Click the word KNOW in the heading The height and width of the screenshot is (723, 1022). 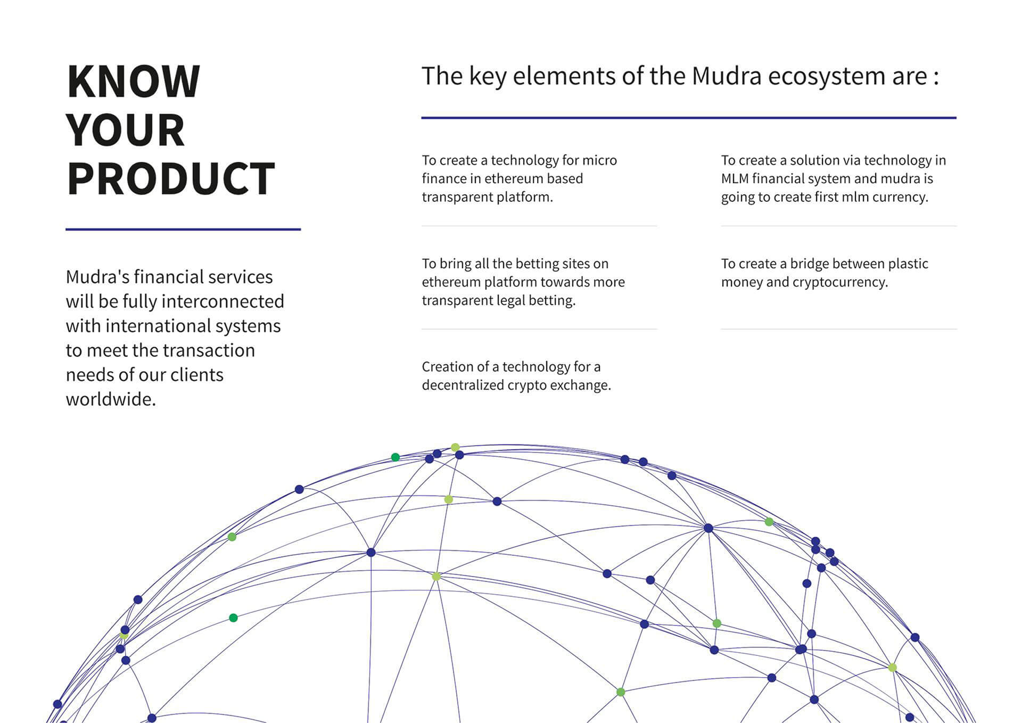coord(134,81)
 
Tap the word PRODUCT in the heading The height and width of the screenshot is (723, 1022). coord(171,179)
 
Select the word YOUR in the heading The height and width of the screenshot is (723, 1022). coord(126,130)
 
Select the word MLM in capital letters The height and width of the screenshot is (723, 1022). coord(735,179)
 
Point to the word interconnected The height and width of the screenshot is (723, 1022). coord(222,301)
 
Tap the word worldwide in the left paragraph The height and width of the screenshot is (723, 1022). coord(111,399)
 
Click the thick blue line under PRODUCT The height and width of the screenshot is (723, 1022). coord(183,229)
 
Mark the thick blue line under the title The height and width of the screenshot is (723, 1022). coord(689,118)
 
